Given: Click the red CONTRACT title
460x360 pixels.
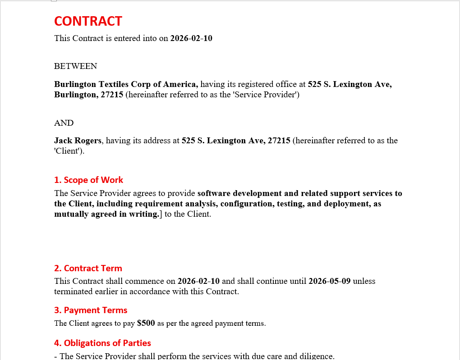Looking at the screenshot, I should coord(88,21).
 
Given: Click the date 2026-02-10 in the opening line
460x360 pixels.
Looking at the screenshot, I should coord(191,38).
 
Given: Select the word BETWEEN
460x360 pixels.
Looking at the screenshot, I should coord(75,66).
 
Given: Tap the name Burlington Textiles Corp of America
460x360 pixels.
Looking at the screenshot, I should coord(126,84).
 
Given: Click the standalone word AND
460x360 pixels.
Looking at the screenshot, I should coord(64,123).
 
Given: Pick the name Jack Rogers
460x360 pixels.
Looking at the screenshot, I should coord(78,141).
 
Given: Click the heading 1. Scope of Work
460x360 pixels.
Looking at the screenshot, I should coord(88,180).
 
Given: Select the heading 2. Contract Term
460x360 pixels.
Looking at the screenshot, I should coord(88,268).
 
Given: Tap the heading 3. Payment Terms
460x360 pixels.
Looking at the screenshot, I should coord(91,310).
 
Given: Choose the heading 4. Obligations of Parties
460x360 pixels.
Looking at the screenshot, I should coord(102,343).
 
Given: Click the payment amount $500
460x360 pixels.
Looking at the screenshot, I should coord(146,323).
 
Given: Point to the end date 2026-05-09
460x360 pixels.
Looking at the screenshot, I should coord(329,281).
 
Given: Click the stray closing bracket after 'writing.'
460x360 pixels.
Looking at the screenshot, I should coord(161,214).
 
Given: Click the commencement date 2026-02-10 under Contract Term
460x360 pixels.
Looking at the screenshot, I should coord(198,281).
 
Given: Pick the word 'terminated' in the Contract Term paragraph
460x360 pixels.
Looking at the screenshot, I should coord(74,292).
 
